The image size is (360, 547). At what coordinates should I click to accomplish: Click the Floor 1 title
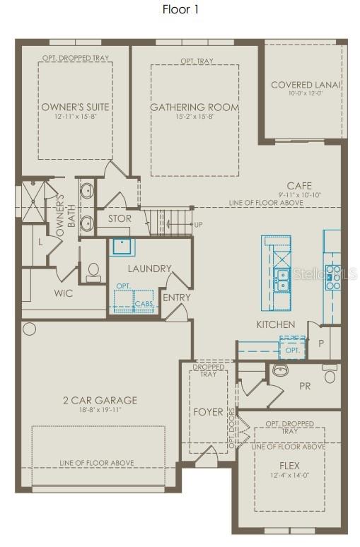(180, 9)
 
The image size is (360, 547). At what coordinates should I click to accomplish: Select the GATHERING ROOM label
(194, 107)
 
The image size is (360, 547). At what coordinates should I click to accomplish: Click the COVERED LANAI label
(306, 85)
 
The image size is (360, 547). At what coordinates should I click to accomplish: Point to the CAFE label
(299, 185)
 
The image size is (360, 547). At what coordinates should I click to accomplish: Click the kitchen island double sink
(281, 281)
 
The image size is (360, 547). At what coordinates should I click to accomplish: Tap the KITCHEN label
(276, 324)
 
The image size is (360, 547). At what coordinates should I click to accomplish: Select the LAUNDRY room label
(149, 269)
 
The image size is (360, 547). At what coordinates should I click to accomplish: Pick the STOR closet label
(119, 218)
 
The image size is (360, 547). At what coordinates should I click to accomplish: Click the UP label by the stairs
(198, 225)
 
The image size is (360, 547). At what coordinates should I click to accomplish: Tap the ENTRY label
(176, 298)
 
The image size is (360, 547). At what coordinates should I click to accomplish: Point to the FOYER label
(209, 411)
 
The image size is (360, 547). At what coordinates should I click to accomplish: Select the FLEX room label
(289, 466)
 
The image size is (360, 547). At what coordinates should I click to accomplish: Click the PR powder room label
(305, 387)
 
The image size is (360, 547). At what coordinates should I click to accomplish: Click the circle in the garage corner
(29, 329)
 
